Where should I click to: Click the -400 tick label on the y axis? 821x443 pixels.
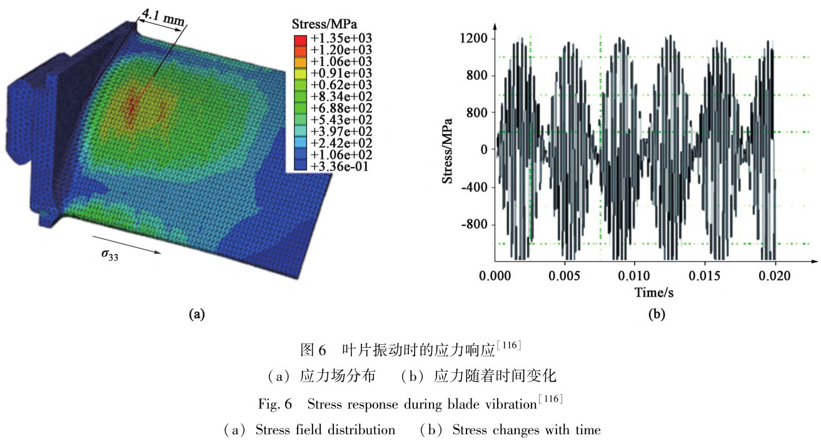pyautogui.click(x=473, y=187)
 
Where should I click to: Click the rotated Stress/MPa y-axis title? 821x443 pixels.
pyautogui.click(x=448, y=150)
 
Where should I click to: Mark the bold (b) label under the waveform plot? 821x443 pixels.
pyautogui.click(x=656, y=315)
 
